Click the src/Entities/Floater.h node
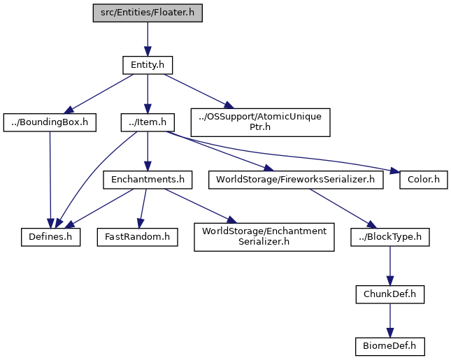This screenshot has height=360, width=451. (148, 13)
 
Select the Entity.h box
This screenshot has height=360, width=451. (148, 65)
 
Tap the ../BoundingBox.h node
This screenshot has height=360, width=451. (50, 122)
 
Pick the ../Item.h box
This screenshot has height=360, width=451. (148, 122)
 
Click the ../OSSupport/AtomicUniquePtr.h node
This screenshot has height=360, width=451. (260, 122)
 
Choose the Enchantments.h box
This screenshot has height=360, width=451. (148, 180)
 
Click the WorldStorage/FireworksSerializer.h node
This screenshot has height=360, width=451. (296, 180)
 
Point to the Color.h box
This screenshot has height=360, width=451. (424, 180)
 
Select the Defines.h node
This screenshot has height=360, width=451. (50, 237)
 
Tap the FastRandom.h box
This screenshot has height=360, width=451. (138, 237)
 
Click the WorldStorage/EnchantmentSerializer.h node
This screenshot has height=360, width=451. (264, 237)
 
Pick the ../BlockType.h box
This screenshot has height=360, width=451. (390, 237)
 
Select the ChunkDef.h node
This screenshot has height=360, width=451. (390, 294)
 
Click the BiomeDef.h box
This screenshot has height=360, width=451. (390, 347)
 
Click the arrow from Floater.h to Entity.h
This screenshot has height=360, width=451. (148, 39)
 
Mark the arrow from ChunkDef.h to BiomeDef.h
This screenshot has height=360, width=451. (390, 321)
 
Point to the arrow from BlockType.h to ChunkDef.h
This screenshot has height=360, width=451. (390, 266)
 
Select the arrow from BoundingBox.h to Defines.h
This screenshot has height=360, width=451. (50, 180)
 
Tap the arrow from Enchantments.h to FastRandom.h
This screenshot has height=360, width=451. (143, 208)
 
